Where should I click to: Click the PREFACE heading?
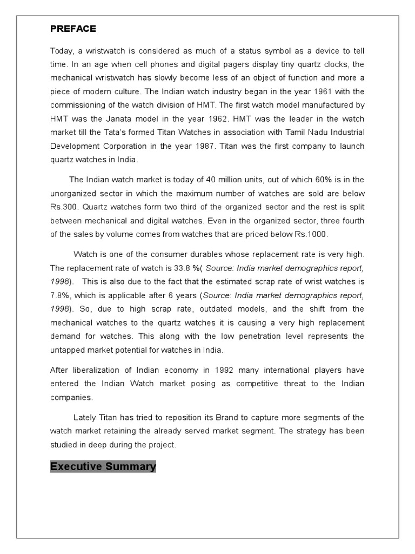(73, 29)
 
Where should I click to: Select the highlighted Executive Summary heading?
(103, 466)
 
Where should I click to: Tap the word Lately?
(84, 417)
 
